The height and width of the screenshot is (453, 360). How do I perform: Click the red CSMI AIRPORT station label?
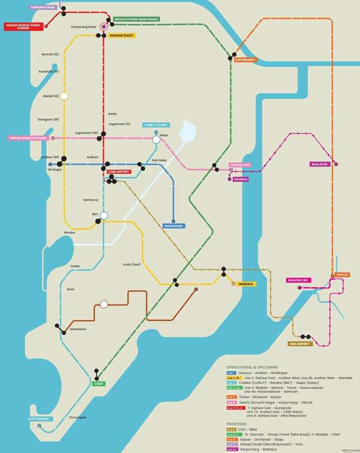[x=119, y=172]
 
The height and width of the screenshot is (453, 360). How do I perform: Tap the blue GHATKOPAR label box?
[x=174, y=226]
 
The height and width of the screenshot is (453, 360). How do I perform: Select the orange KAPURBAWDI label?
[x=246, y=60]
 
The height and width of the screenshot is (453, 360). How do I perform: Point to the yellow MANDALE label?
[x=246, y=284]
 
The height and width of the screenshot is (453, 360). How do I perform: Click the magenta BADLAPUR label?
[x=320, y=164]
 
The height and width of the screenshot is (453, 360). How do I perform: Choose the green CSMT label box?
[x=99, y=383]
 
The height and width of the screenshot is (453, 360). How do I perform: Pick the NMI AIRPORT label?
[x=300, y=343]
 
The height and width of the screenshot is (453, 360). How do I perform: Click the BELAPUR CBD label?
[x=298, y=280]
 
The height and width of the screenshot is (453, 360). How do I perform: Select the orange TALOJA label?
[x=342, y=274]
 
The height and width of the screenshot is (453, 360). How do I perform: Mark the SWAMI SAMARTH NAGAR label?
[x=28, y=138]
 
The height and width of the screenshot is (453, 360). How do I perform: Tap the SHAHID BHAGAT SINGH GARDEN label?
[x=24, y=27]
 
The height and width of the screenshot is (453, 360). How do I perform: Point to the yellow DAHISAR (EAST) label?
[x=121, y=35]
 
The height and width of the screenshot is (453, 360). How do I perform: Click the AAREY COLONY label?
[x=156, y=125]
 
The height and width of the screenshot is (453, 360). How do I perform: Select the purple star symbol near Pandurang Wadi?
[x=104, y=27]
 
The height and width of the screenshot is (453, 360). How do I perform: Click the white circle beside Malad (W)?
[x=64, y=96]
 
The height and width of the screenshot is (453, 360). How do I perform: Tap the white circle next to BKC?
[x=104, y=215]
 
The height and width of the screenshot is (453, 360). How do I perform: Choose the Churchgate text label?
[x=78, y=417]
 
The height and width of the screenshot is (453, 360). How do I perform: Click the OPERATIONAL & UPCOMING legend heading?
[x=252, y=367]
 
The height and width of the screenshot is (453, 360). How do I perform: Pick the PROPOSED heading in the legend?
[x=237, y=424]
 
